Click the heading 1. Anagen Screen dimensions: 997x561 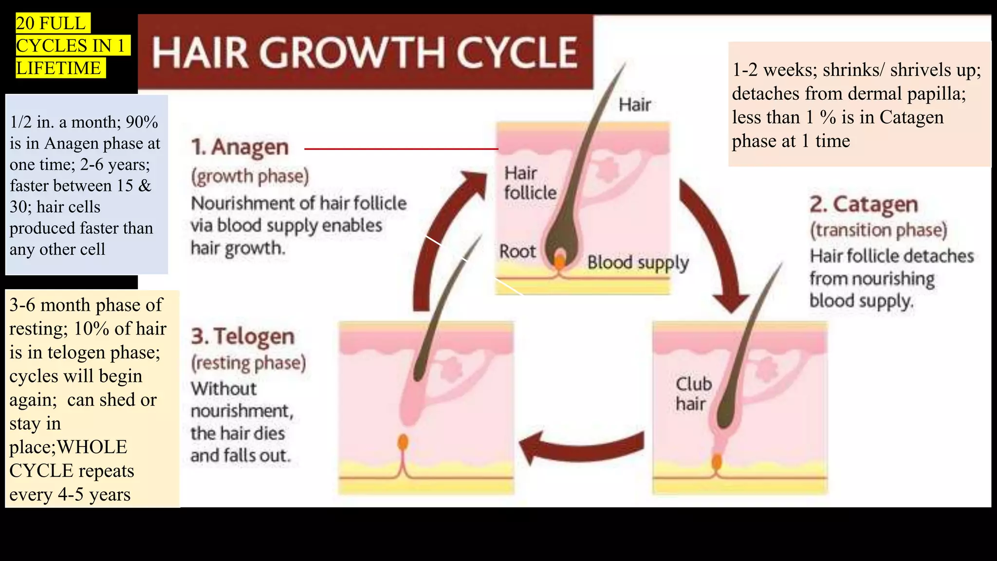pos(240,147)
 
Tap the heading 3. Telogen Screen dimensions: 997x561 pos(243,337)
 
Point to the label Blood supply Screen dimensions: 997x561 pos(638,262)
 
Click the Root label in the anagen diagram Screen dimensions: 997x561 pos(517,251)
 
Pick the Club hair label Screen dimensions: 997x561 pos(694,393)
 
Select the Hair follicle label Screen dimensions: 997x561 pos(530,183)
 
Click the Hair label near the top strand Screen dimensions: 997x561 pos(635,104)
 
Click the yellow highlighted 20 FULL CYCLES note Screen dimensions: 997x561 pos(73,45)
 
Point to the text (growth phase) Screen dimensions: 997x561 pos(250,176)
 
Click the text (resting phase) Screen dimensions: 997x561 pos(248,363)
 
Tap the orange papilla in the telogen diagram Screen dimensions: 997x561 pos(403,443)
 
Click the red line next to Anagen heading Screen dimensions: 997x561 pos(401,149)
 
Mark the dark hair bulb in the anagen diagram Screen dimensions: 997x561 pos(561,243)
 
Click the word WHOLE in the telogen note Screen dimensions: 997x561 pos(92,447)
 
